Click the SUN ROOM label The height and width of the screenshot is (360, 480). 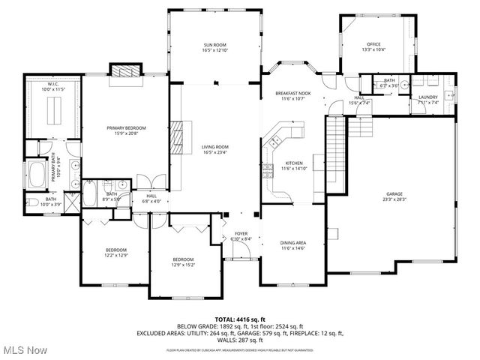[x=214, y=45]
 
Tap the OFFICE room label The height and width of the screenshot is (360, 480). [x=374, y=44]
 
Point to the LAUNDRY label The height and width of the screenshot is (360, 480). [x=428, y=97]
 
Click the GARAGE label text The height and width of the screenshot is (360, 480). [x=394, y=193]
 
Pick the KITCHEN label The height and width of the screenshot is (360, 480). [x=292, y=163]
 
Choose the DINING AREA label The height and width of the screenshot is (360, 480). [x=292, y=243]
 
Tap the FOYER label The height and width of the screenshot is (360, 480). [x=241, y=233]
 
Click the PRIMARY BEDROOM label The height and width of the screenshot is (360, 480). [x=126, y=128]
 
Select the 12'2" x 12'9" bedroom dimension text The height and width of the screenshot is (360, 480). [x=116, y=255]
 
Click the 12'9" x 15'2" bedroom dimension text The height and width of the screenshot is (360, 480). [x=184, y=265]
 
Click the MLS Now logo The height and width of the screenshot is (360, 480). [x=24, y=349]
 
